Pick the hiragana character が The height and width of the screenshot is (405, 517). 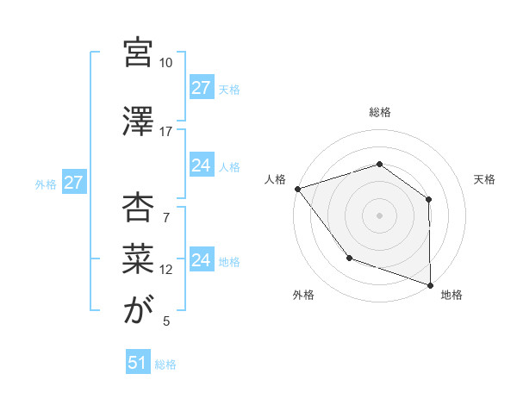138,310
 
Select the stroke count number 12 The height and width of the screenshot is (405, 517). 166,270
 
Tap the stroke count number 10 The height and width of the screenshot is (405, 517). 165,63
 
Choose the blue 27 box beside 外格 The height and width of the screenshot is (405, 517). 73,183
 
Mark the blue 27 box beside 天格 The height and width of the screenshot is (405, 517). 202,87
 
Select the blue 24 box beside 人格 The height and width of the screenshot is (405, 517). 202,165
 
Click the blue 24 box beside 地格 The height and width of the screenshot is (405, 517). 202,260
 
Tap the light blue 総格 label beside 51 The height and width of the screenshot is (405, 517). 165,364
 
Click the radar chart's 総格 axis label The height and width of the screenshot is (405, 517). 379,112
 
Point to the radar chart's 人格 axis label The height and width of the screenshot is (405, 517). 276,179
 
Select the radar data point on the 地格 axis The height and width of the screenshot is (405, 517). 430,284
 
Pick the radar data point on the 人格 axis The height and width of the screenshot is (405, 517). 297,189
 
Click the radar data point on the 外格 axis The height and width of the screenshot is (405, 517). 349,258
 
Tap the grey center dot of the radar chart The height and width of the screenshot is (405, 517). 379,215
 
